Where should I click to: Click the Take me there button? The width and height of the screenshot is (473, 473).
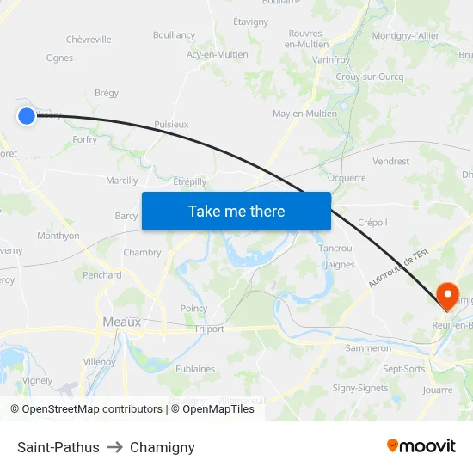(236, 211)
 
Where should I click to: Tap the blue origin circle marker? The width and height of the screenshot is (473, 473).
(27, 115)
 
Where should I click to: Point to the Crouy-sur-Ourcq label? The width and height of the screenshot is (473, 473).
(371, 76)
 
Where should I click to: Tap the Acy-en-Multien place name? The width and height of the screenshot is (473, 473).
(218, 55)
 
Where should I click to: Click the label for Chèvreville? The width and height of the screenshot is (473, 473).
(89, 40)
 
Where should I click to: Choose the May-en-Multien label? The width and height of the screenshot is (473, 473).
(304, 114)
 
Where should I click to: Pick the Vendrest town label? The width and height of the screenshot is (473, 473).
(391, 161)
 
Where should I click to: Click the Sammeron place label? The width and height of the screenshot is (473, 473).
(368, 348)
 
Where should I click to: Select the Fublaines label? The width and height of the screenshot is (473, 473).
(195, 369)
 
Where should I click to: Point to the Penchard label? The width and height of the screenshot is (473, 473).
(102, 275)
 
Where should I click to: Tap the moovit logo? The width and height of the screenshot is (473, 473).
(421, 446)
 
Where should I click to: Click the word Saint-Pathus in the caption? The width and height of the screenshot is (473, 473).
(58, 447)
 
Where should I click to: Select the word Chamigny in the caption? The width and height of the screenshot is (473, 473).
(163, 447)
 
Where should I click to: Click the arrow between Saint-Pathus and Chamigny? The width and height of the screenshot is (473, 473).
(114, 447)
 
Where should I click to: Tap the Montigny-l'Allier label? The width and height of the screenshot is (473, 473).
(406, 35)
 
